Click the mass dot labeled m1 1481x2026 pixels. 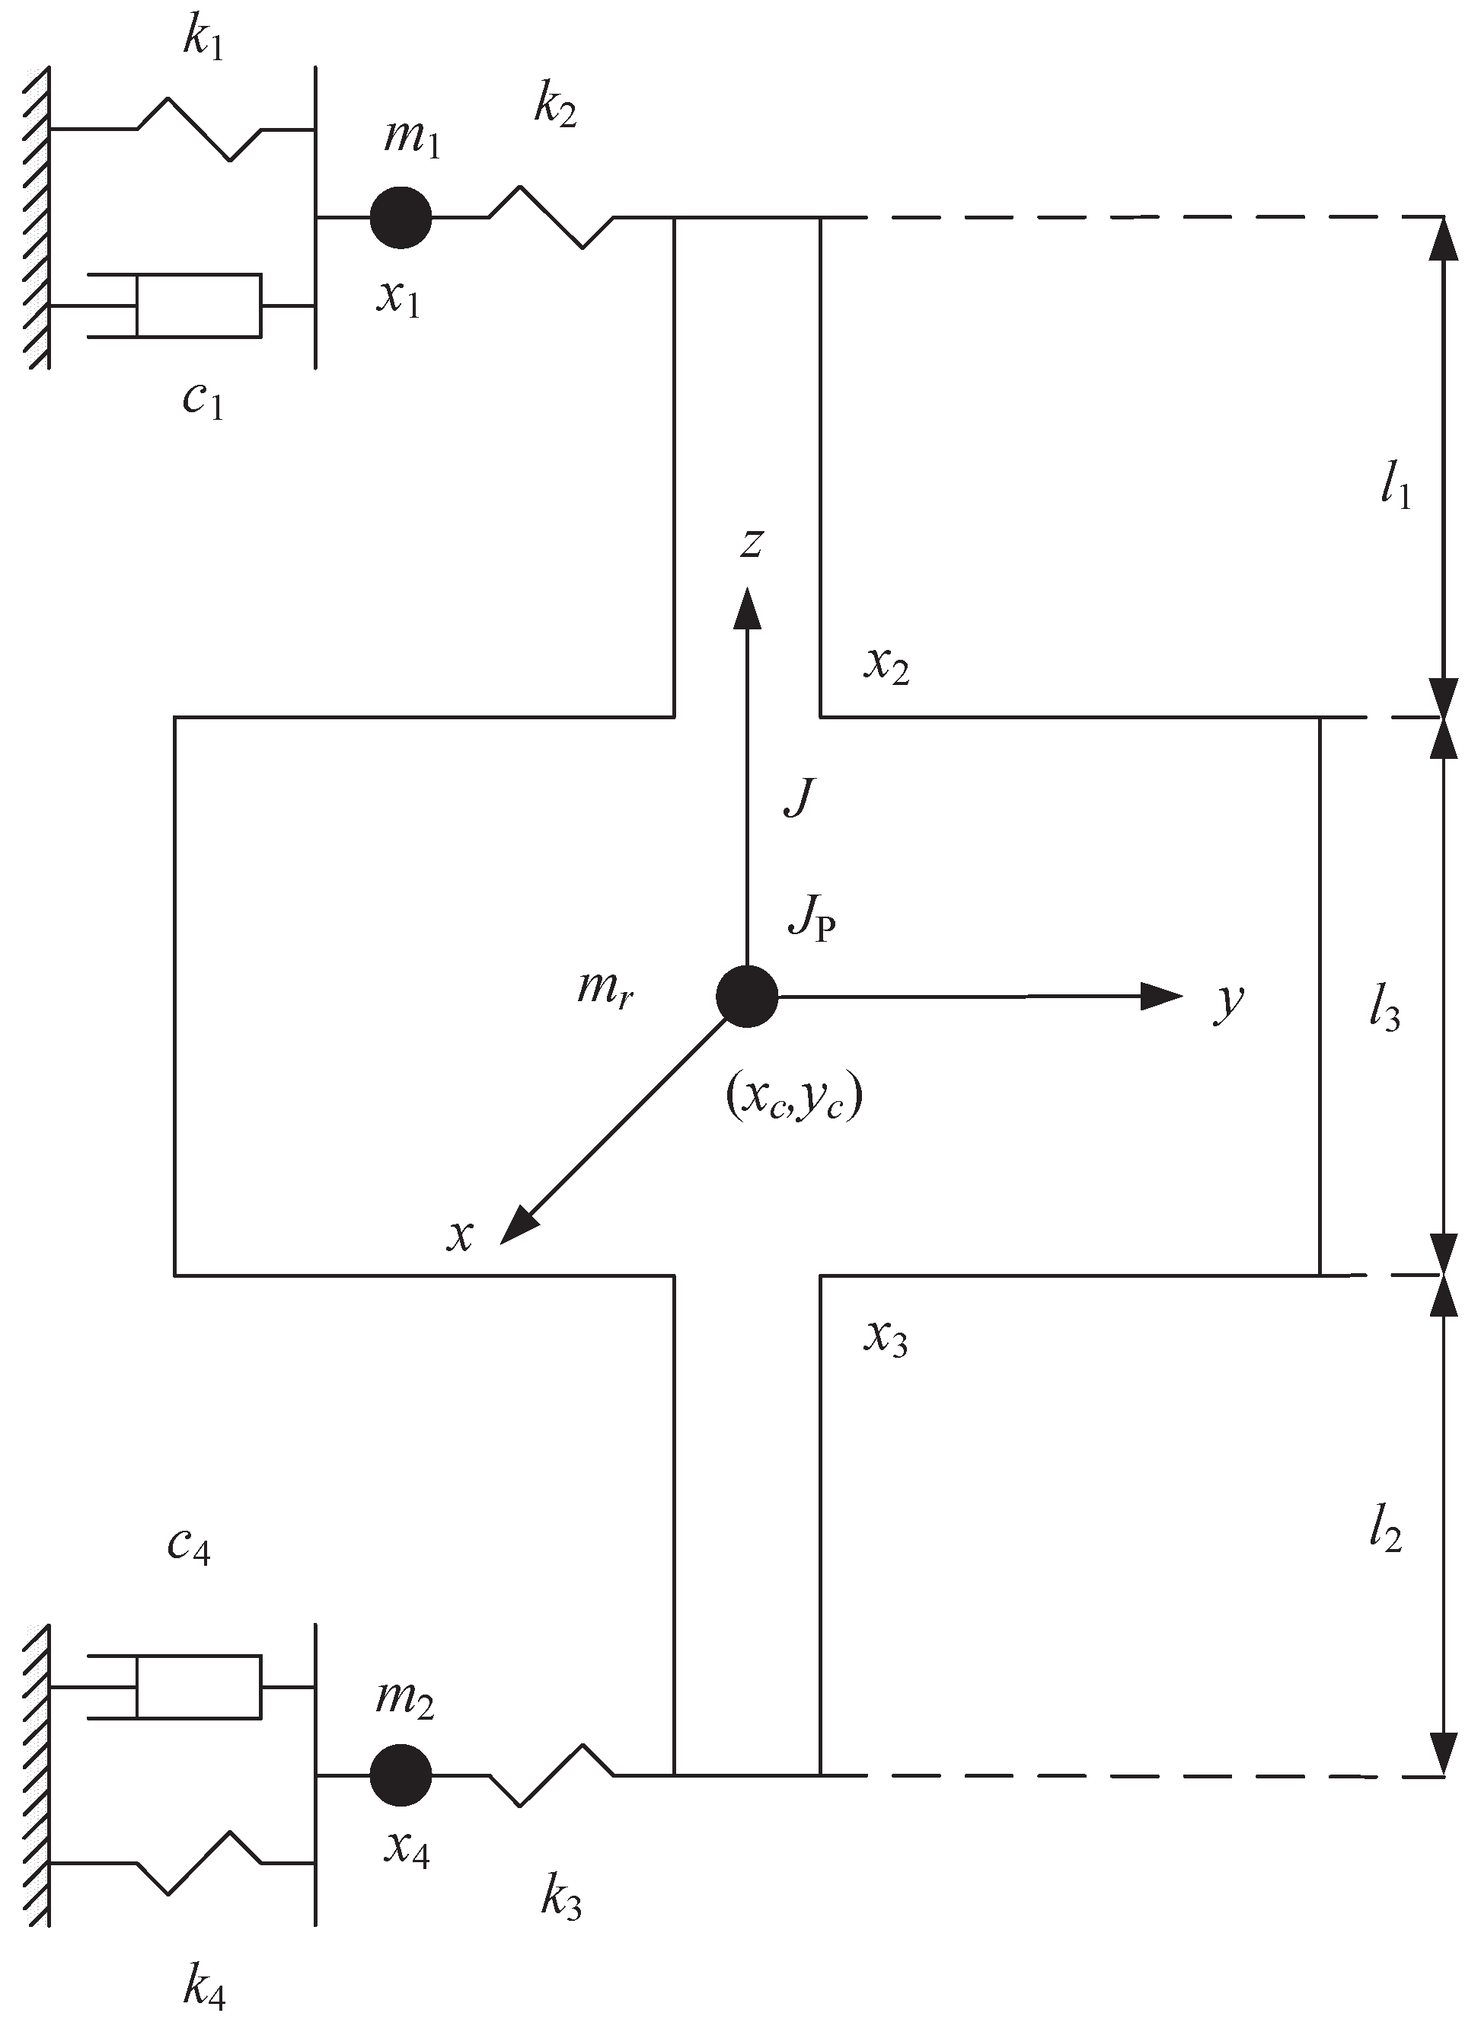[x=401, y=217]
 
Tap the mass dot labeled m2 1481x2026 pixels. [x=401, y=1775]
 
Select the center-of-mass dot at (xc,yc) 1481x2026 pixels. [x=747, y=996]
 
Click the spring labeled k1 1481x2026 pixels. [x=199, y=130]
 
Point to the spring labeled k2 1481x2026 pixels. [x=551, y=217]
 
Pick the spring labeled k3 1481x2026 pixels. [x=551, y=1775]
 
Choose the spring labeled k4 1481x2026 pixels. [x=199, y=1863]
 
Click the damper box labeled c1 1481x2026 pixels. [x=198, y=306]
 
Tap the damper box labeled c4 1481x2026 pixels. [x=198, y=1687]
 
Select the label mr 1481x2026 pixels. [x=606, y=988]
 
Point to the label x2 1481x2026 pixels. [x=886, y=664]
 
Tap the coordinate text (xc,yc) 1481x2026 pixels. [x=793, y=1098]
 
